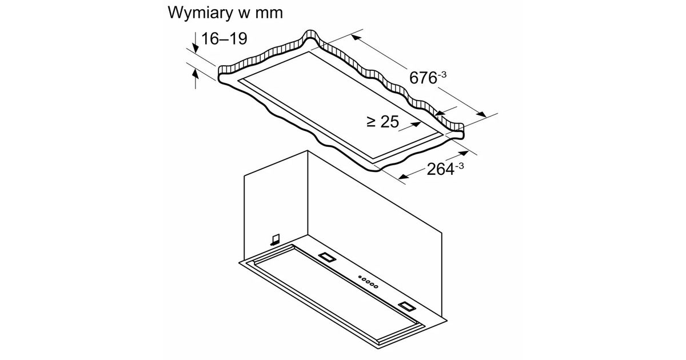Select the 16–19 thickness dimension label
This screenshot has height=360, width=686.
[224, 39]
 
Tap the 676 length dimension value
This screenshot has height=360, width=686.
[423, 78]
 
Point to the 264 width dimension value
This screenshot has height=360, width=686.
[440, 169]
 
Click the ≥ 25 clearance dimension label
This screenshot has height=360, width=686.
[383, 122]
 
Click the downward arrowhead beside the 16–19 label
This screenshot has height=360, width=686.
[196, 48]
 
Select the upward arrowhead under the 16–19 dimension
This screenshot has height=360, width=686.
[196, 74]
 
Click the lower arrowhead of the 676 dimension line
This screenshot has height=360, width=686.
[481, 114]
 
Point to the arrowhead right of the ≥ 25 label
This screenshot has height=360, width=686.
[417, 124]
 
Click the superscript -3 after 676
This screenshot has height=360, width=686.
[442, 74]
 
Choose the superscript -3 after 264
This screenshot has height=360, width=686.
[460, 166]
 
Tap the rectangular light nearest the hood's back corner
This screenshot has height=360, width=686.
[328, 258]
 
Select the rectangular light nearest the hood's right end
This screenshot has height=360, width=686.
[406, 306]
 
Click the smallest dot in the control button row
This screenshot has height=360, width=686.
[360, 277]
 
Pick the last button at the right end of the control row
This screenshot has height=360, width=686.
[376, 287]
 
